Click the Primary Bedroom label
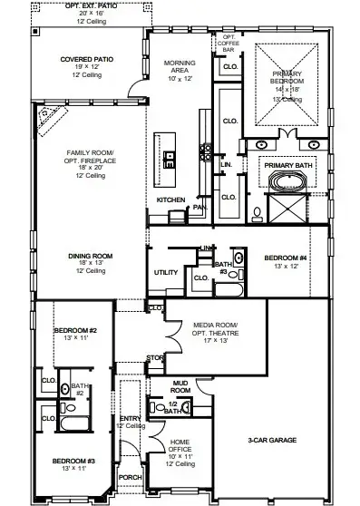(x=289, y=81)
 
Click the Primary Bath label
(x=287, y=165)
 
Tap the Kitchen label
(x=171, y=199)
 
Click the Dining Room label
(x=89, y=257)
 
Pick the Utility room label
(x=166, y=272)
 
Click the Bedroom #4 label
(x=287, y=258)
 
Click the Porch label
(x=131, y=477)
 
